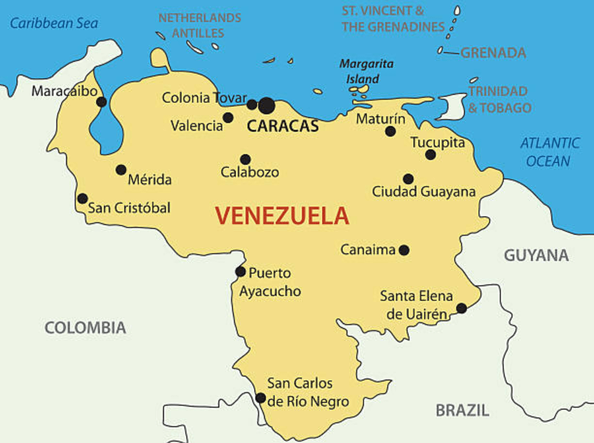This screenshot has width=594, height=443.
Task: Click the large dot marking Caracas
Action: [267, 105]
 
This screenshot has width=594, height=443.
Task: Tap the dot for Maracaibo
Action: [102, 102]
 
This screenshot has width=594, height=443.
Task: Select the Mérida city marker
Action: [121, 170]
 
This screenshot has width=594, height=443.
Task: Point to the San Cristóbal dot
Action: [82, 199]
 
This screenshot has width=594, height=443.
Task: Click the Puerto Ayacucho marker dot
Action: [241, 272]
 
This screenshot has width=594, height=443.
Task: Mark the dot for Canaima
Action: [404, 250]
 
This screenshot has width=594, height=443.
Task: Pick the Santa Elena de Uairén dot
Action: [461, 308]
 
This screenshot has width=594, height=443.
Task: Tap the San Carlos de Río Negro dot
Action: [260, 398]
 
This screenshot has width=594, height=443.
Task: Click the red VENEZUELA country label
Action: [281, 216]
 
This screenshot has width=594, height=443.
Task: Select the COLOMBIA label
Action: [85, 328]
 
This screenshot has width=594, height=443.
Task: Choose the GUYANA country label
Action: [536, 255]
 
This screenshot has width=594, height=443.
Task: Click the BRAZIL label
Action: [462, 410]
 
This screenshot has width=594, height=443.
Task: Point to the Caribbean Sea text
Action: [54, 24]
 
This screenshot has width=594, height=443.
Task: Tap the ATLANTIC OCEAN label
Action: [550, 152]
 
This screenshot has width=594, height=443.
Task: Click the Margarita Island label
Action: [366, 71]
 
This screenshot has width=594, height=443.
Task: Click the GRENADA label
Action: [493, 53]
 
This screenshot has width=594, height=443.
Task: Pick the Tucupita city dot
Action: [430, 154]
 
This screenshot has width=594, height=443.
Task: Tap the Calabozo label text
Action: [250, 172]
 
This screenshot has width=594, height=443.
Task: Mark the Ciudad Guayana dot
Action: [408, 179]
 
